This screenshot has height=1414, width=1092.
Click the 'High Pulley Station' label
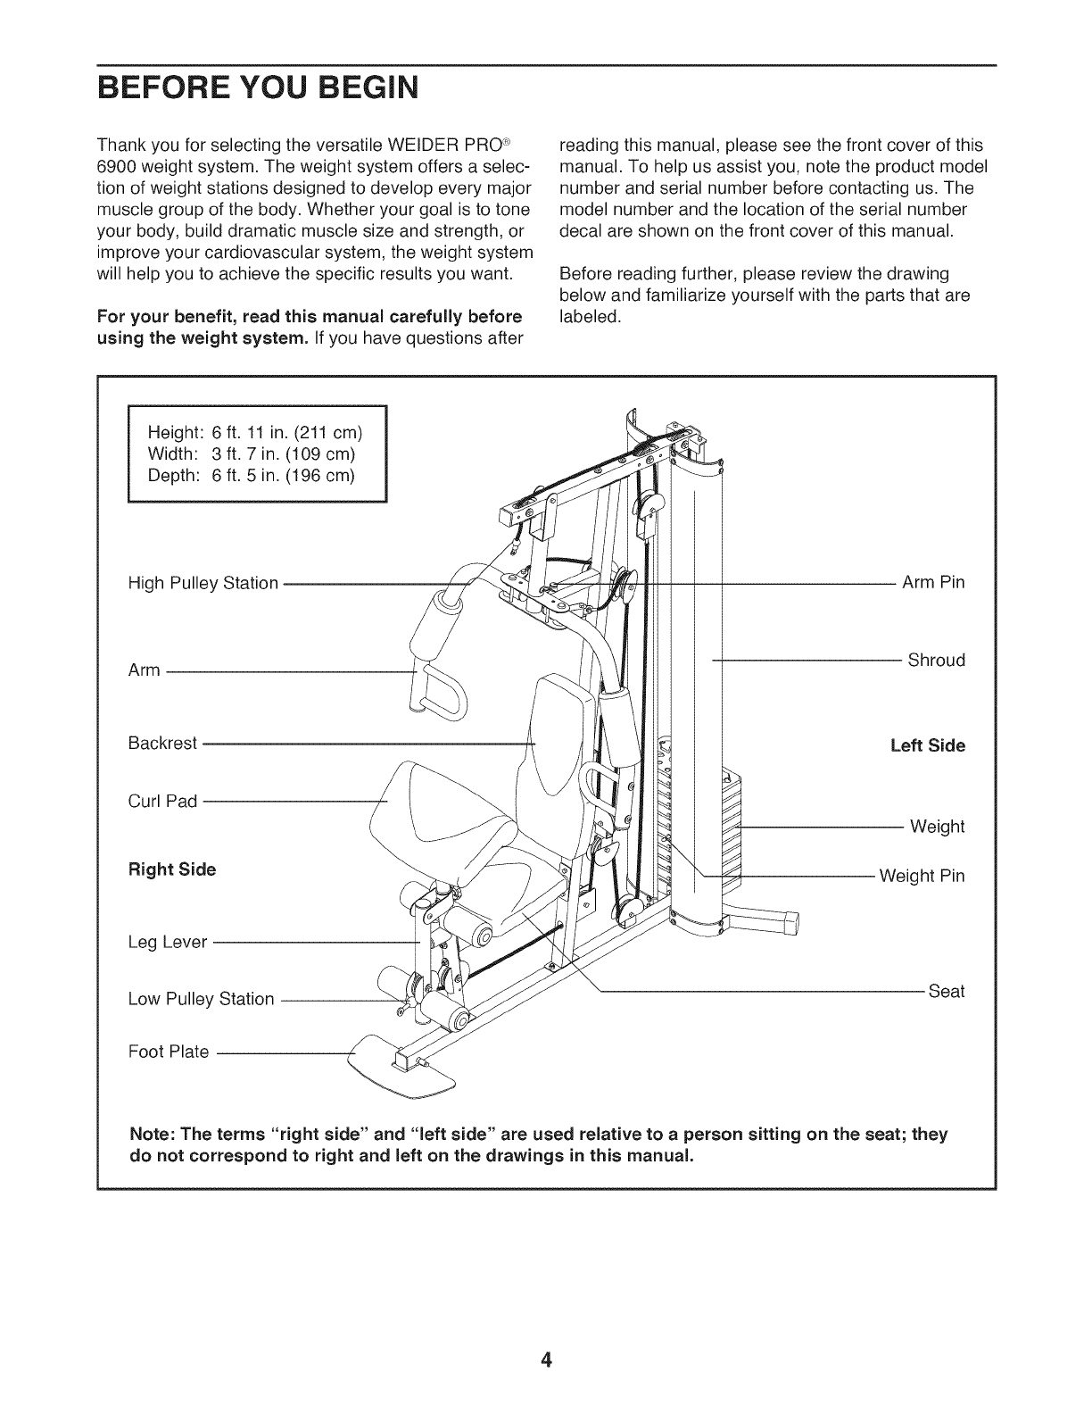click(x=203, y=584)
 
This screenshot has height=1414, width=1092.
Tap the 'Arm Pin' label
click(x=933, y=583)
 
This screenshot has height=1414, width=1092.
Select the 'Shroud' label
click(x=936, y=661)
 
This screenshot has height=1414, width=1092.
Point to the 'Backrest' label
click(x=162, y=743)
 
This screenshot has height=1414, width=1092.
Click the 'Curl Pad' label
click(x=162, y=801)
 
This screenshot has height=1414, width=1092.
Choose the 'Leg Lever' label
click(x=168, y=942)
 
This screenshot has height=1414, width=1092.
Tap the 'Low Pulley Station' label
click(x=201, y=999)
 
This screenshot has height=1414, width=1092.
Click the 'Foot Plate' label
click(x=169, y=1052)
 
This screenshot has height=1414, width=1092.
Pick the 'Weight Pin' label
click(x=922, y=876)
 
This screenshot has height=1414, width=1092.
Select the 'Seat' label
click(x=947, y=992)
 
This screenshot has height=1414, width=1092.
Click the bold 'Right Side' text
click(x=172, y=869)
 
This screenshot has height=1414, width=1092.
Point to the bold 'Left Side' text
click(x=928, y=745)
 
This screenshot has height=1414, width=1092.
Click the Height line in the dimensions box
click(x=254, y=434)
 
